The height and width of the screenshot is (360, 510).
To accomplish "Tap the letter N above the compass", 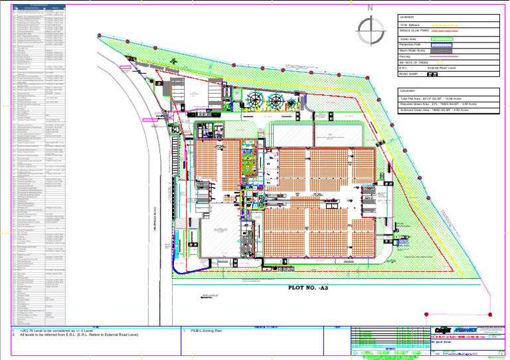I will tap(370, 9).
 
